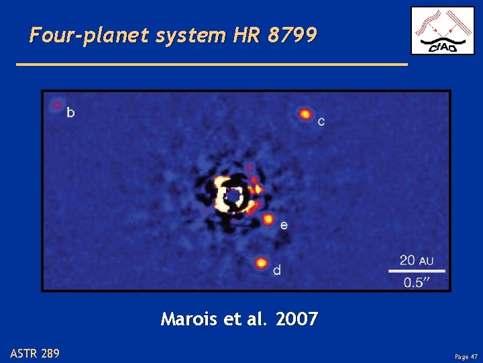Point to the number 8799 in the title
pos(291,35)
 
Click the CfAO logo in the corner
pos(442,30)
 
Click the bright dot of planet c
pos(305,114)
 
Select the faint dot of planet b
pos(56,105)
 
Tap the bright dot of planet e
pos(268,219)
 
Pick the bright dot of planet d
pos(261,263)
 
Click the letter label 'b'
pos(70,112)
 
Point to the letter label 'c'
pos(321,122)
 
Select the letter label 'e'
pos(284,225)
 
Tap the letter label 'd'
pos(277,270)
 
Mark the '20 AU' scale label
pos(417,259)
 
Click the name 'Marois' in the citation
pos(189,319)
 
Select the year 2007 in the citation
pos(295,319)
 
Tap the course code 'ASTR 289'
pos(34,352)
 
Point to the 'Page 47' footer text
pos(465,356)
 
